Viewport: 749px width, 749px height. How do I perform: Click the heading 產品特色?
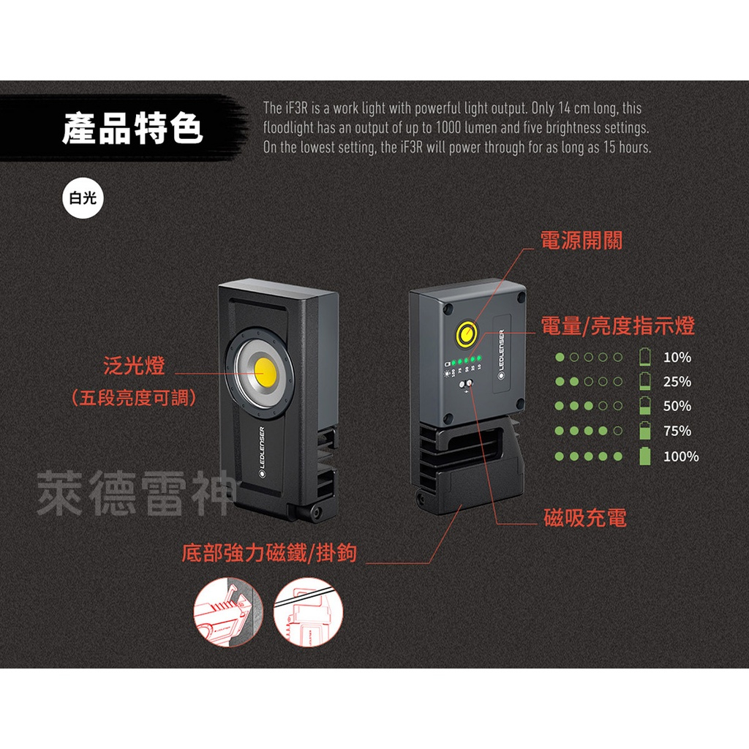click(x=132, y=129)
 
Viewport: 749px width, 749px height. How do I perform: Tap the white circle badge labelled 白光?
click(x=83, y=198)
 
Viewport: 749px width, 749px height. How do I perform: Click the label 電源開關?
click(x=581, y=241)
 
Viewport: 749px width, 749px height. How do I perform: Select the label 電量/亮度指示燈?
click(x=617, y=326)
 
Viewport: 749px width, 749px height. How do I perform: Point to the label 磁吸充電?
click(x=585, y=519)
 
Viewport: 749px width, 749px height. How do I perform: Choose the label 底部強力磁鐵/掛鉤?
click(x=268, y=552)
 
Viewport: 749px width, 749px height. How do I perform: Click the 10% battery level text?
click(x=677, y=358)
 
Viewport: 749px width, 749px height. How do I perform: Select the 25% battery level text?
click(x=677, y=382)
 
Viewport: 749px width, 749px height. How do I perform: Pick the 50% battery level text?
click(x=677, y=407)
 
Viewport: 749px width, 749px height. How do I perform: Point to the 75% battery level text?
click(x=677, y=431)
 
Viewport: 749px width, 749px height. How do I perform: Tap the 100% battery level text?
click(x=680, y=456)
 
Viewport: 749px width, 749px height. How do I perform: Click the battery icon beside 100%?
click(x=644, y=456)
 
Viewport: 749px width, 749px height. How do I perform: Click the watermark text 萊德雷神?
click(x=136, y=493)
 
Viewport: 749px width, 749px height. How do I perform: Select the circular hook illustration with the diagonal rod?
click(x=308, y=612)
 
